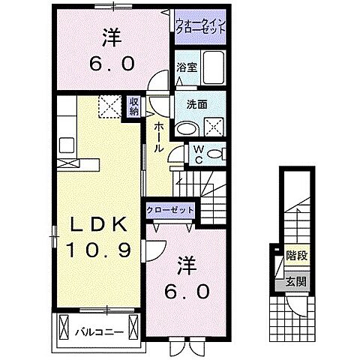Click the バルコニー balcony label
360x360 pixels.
[97, 328]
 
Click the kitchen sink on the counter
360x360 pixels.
[65, 142]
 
